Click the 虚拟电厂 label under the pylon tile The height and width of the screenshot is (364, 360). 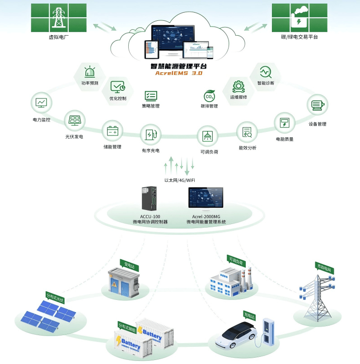pos(58,37)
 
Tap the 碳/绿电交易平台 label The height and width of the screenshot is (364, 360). pos(299,37)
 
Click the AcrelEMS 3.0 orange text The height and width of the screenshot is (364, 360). pos(179,73)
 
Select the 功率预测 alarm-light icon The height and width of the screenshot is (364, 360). pos(89,72)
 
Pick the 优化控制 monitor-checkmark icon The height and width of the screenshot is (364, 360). pos(118,86)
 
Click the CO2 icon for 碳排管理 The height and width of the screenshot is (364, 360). pos(210,96)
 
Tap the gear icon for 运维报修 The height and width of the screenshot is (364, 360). pos(238,85)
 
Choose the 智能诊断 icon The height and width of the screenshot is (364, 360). pos(265,71)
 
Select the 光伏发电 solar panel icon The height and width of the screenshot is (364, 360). pos(75,121)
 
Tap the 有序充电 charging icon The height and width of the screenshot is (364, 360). pos(150,135)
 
